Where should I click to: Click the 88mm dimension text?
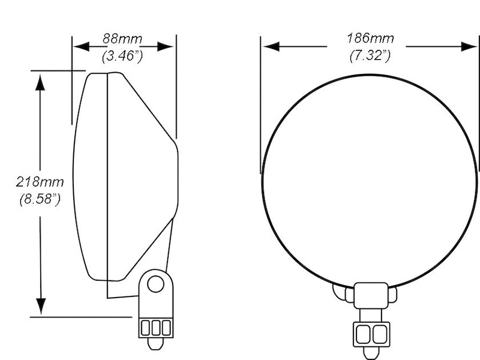pyautogui.click(x=122, y=39)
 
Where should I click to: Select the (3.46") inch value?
pyautogui.click(x=122, y=58)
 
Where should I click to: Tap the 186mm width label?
pyautogui.click(x=370, y=39)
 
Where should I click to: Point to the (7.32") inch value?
pyautogui.click(x=370, y=56)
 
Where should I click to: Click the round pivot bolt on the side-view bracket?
pyautogui.click(x=155, y=283)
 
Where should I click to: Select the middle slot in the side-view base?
pyautogui.click(x=155, y=327)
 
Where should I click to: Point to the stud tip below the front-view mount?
pyautogui.click(x=371, y=353)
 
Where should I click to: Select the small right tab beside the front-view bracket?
pyautogui.click(x=392, y=295)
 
